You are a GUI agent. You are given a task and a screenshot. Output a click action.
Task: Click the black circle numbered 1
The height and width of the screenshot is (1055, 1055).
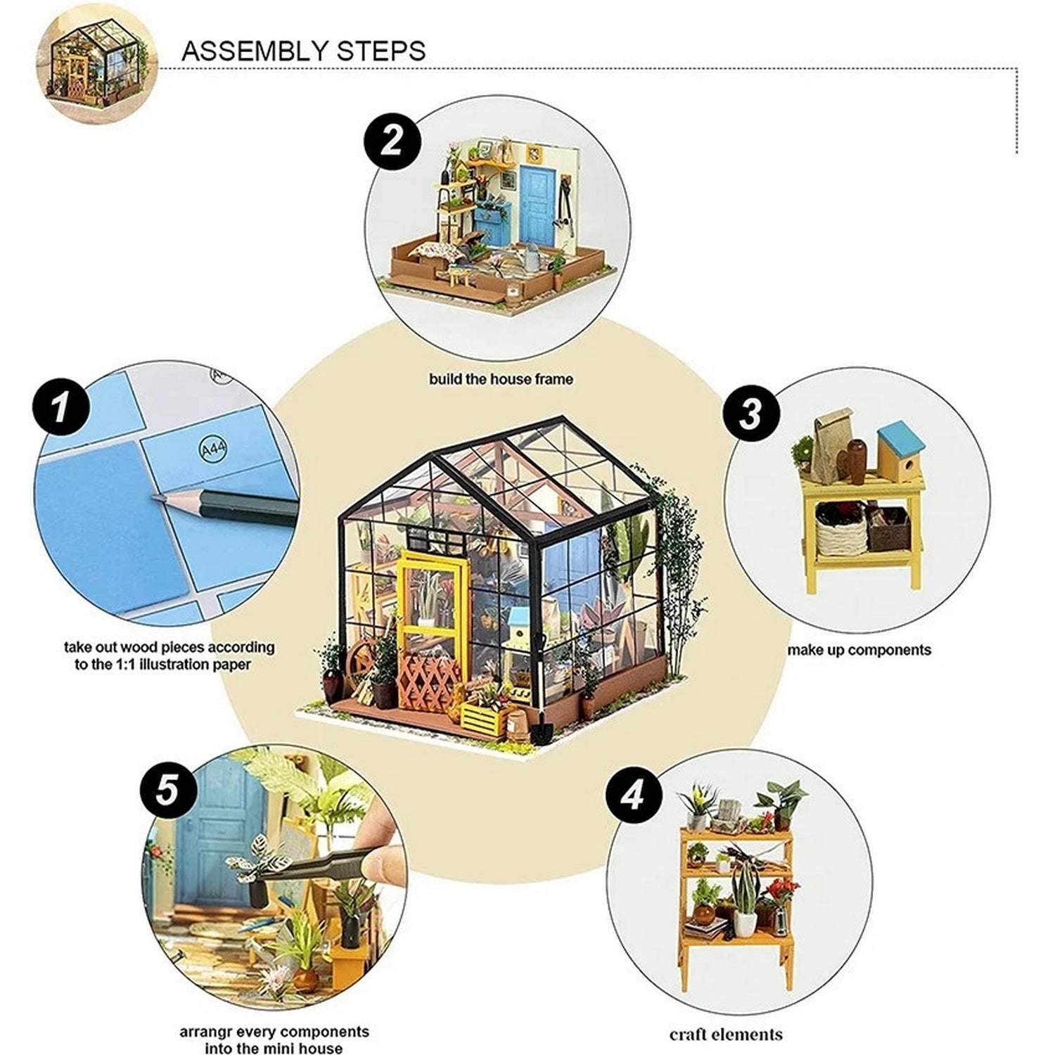pyautogui.click(x=61, y=407)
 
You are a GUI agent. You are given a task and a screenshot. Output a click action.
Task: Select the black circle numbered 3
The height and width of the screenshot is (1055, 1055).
pyautogui.click(x=750, y=414)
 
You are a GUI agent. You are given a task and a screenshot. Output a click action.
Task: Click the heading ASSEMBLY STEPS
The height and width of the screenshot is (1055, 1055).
pyautogui.click(x=303, y=51)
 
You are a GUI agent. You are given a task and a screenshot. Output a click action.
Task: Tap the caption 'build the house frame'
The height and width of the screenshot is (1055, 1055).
pyautogui.click(x=501, y=379)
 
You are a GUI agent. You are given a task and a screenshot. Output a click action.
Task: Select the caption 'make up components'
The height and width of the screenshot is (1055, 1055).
pyautogui.click(x=859, y=650)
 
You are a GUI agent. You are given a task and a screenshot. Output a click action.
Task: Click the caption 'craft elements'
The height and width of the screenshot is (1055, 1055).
pyautogui.click(x=726, y=1035)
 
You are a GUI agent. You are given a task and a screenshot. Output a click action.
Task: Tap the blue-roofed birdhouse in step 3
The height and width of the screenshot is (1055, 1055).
pyautogui.click(x=900, y=450)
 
